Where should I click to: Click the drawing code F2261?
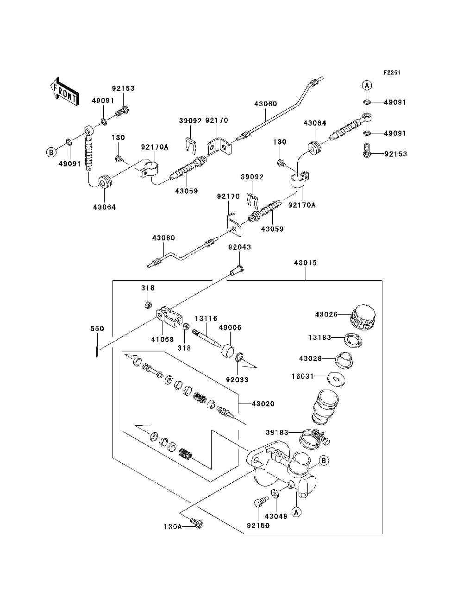pos(391,73)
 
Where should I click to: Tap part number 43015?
pos(305,263)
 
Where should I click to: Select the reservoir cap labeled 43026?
pos(363,317)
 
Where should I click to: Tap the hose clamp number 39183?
pos(277,432)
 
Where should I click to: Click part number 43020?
pos(263,404)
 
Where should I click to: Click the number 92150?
pos(258,526)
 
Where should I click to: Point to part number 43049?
pos(276,516)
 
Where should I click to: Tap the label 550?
pos(97,328)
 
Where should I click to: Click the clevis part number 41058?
pos(163,340)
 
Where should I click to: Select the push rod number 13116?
pos(206,319)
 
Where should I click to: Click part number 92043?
pos(239,247)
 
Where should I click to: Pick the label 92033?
pos(237,380)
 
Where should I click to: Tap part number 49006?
pos(230,327)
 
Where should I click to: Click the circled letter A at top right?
pos(366,85)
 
